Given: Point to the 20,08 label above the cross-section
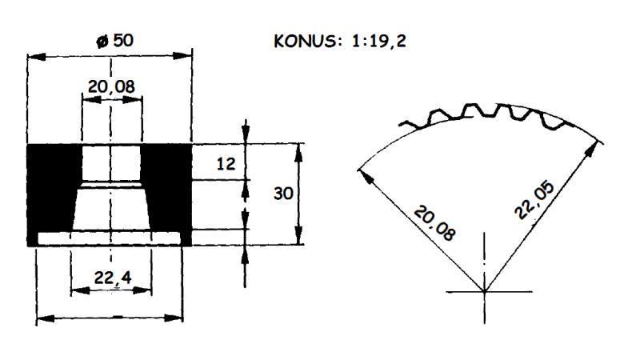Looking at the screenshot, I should (x=112, y=85).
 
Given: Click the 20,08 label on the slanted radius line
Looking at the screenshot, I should (x=435, y=223).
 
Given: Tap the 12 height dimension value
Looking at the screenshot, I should (x=226, y=164).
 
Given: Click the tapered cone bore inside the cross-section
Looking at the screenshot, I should (x=111, y=208).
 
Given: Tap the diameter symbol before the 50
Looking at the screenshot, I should (x=100, y=41).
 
